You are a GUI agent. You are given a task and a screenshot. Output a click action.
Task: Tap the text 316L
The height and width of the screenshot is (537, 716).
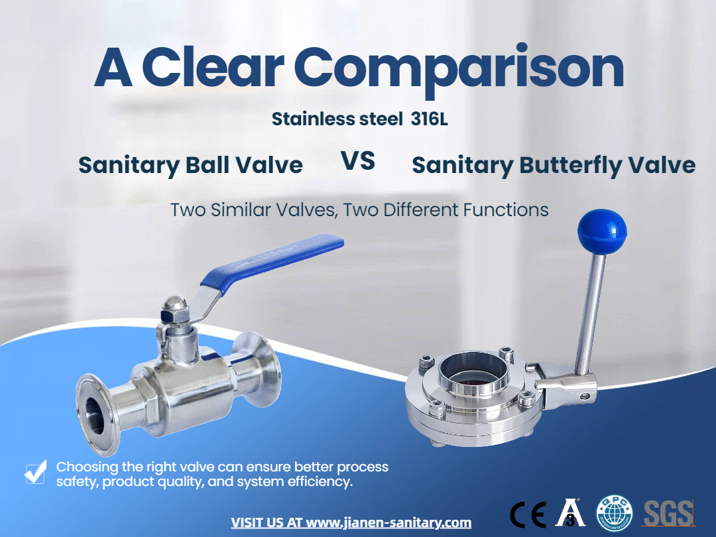coord(429,119)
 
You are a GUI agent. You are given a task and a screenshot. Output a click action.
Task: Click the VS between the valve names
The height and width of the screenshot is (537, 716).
coord(358,161)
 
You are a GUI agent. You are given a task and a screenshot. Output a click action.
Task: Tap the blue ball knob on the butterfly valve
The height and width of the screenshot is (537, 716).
coord(602,231)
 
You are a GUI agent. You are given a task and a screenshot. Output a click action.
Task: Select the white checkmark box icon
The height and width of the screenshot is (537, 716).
coord(35,472)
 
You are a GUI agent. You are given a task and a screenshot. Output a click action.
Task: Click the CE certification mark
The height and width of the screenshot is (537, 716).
coord(528,514)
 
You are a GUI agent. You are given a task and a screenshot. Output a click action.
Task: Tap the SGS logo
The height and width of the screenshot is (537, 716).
coord(669,513)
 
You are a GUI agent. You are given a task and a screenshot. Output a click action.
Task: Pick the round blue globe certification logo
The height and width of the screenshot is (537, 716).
coord(615,513)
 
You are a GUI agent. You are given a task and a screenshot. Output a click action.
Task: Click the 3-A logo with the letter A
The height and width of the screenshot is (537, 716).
coord(570,512)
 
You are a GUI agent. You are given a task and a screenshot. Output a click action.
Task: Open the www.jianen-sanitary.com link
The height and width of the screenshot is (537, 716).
coord(388,522)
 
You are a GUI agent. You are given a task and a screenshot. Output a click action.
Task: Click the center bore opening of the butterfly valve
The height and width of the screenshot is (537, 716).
coord(473,373)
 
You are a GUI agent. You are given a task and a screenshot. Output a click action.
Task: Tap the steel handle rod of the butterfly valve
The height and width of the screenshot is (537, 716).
coord(591,314)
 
